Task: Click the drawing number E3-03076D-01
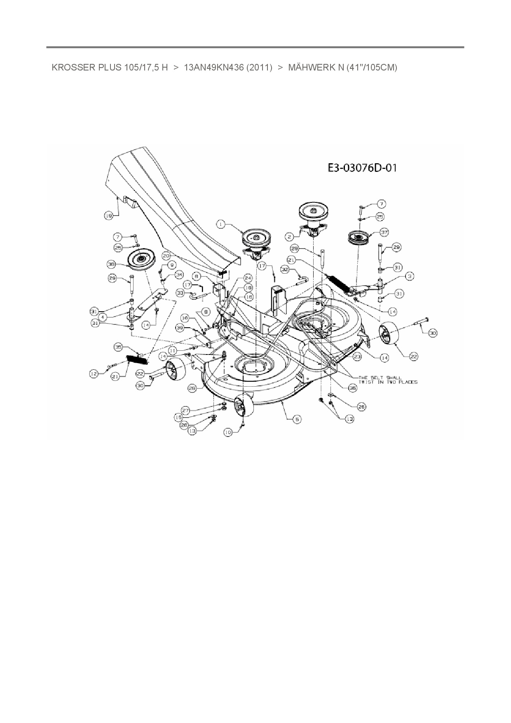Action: [362, 168]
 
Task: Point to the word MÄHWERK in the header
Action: [310, 68]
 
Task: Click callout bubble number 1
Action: [222, 224]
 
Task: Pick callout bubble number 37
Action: [384, 233]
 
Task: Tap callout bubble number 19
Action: [108, 215]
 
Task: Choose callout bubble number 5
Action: [296, 419]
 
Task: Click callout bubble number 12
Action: [94, 373]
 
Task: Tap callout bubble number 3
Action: [409, 277]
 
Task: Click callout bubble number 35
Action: [119, 347]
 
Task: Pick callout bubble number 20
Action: [166, 256]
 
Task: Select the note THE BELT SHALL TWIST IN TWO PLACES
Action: [388, 380]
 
